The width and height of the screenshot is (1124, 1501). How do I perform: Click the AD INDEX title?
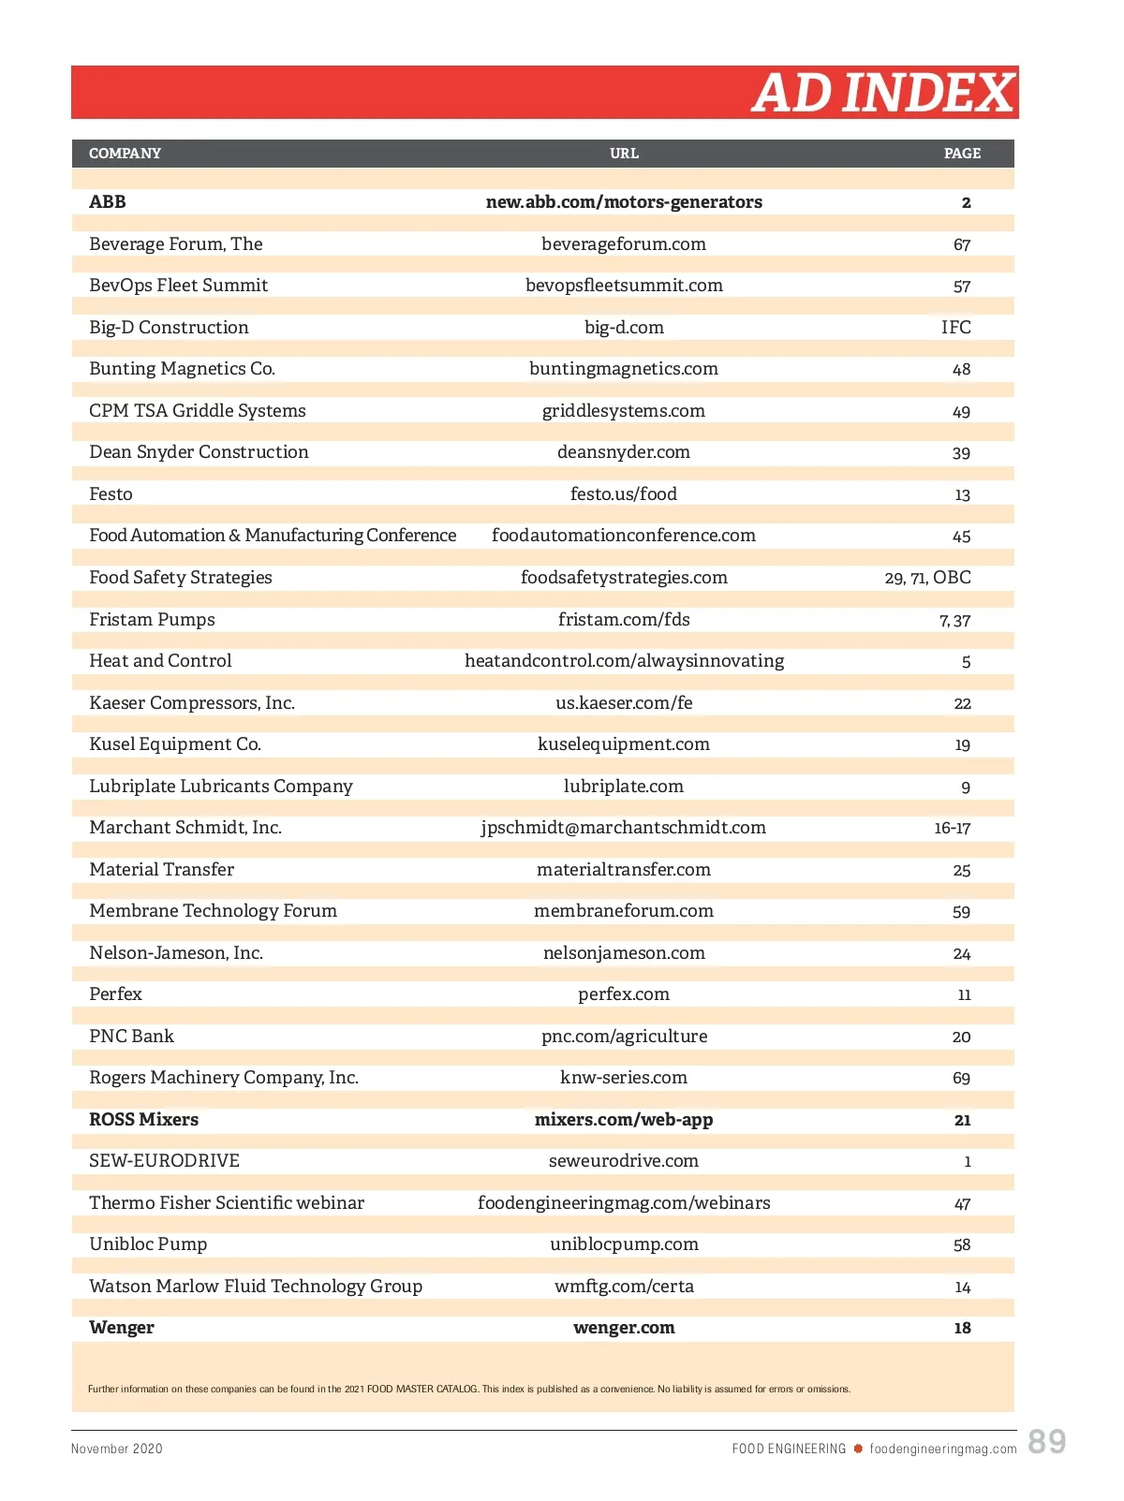882,93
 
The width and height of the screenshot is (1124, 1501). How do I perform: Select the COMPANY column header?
125,154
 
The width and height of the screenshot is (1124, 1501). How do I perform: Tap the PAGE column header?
962,154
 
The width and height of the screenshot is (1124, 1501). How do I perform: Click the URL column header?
624,154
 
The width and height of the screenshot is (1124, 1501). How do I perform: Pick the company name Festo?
111,494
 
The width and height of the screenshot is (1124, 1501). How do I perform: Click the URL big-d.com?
624,328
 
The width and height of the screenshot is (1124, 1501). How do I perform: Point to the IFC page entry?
955,328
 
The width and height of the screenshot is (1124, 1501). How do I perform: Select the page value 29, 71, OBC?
927,578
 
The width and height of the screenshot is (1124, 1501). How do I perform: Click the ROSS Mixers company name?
143,1120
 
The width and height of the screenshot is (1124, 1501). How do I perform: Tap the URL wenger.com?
624,1328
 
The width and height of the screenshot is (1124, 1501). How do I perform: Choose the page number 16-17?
952,828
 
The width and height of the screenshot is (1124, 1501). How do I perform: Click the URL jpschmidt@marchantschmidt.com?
624,828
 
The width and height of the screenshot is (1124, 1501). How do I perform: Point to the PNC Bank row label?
131,1037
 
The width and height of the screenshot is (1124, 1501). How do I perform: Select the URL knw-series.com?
624,1078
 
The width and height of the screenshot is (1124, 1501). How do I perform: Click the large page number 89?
1046,1441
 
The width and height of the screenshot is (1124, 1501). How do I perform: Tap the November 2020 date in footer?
117,1449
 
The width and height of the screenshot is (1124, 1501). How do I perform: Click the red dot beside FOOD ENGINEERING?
857,1449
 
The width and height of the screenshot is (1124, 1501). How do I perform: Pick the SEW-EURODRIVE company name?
164,1161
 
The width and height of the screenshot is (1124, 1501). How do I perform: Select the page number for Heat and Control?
966,662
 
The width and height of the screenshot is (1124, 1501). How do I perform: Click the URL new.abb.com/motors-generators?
624,202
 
